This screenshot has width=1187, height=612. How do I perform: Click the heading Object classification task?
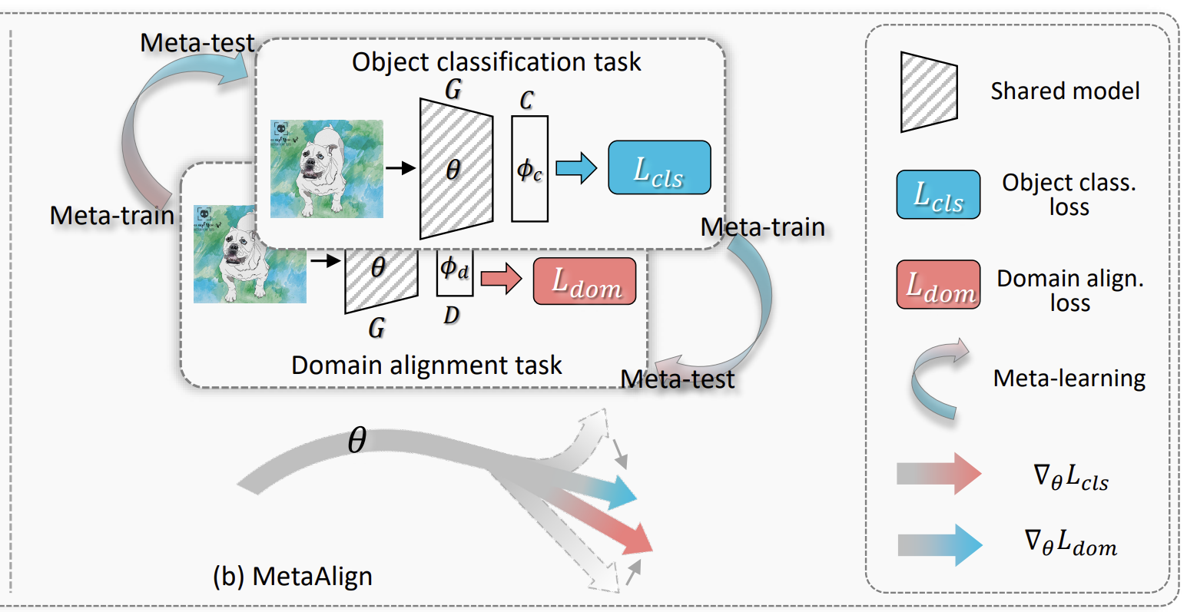pyautogui.click(x=496, y=61)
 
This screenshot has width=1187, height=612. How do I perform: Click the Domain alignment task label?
pyautogui.click(x=426, y=365)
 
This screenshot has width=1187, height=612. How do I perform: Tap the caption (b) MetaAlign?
pyautogui.click(x=292, y=576)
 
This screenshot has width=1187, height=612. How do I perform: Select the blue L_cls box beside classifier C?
pyautogui.click(x=659, y=167)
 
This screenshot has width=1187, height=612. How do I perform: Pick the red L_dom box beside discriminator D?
pyautogui.click(x=585, y=282)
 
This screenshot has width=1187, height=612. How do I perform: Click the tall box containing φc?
pyautogui.click(x=529, y=169)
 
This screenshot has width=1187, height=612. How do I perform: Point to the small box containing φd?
pyautogui.click(x=455, y=271)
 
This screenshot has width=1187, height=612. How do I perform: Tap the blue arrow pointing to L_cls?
pyautogui.click(x=576, y=167)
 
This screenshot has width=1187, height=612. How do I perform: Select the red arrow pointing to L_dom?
pyautogui.click(x=501, y=279)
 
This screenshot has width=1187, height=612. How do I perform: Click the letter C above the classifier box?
pyautogui.click(x=526, y=101)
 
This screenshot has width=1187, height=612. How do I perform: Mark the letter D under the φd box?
pyautogui.click(x=452, y=315)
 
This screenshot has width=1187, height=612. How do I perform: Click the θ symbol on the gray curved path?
pyautogui.click(x=357, y=441)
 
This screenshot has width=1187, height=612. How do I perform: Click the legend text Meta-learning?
pyautogui.click(x=1069, y=379)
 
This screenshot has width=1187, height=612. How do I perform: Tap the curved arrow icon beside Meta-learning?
pyautogui.click(x=937, y=379)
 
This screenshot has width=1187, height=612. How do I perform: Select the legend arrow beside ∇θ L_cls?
pyautogui.click(x=939, y=473)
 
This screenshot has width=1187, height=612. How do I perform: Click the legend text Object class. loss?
pyautogui.click(x=1069, y=194)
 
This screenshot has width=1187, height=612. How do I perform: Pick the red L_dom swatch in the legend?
pyautogui.click(x=938, y=285)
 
